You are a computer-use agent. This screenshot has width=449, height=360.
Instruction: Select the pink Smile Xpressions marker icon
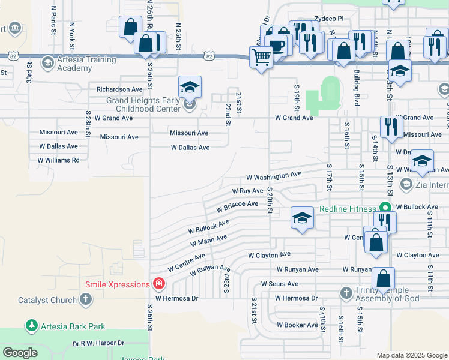pyautogui.click(x=160, y=283)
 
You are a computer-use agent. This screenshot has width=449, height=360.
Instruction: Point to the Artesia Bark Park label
pyautogui.click(x=73, y=326)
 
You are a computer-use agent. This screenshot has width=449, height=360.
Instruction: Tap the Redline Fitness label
pyautogui.click(x=346, y=208)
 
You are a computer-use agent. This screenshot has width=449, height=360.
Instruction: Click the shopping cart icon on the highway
pyautogui.click(x=261, y=58)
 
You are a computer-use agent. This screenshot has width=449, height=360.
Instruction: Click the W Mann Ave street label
pyautogui.click(x=208, y=241)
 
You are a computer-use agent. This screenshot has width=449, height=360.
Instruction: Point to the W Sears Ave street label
pyautogui.click(x=279, y=284)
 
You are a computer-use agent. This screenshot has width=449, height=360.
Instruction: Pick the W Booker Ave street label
pyautogui.click(x=297, y=325)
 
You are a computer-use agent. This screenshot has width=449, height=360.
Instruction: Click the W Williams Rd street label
pyautogui.click(x=58, y=160)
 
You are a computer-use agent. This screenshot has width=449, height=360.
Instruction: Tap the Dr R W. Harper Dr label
pyautogui.click(x=98, y=343)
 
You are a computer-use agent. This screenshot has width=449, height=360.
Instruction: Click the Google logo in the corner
pyautogui.click(x=20, y=353)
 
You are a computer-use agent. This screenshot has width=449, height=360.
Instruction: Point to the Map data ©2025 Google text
pyautogui.click(x=411, y=355)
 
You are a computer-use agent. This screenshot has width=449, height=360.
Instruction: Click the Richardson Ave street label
pyautogui.click(x=120, y=89)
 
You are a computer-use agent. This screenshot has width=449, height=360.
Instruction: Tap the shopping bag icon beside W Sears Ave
pyautogui.click(x=383, y=279)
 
